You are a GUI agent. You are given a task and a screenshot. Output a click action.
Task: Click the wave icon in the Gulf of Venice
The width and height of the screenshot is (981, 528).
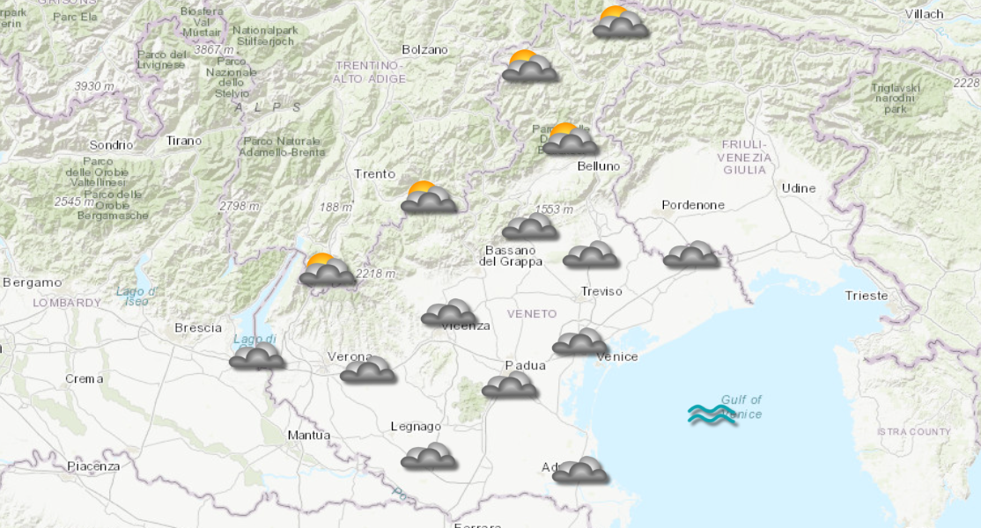[712, 414]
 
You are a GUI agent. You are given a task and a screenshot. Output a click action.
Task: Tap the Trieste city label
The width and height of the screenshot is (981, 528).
[867, 296]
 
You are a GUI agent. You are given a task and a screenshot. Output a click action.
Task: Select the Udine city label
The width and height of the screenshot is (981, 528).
[798, 188]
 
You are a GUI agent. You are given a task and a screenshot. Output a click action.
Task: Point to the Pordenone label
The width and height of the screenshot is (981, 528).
[693, 205]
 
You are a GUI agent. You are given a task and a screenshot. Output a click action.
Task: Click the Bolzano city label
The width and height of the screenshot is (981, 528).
[424, 50]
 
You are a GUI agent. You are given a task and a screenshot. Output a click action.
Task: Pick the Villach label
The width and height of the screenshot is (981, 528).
[924, 14]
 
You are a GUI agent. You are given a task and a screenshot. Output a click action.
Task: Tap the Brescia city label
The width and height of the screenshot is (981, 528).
[198, 328]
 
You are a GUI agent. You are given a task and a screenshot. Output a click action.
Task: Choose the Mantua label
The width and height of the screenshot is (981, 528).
[309, 436]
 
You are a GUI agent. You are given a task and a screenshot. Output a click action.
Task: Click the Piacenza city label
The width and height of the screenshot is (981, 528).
[92, 466]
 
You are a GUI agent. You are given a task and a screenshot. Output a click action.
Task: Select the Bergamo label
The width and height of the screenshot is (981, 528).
[33, 282]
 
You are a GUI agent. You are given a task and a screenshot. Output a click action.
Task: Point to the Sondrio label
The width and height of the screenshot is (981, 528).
[111, 145]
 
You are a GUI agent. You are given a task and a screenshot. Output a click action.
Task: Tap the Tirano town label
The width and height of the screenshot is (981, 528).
[184, 141]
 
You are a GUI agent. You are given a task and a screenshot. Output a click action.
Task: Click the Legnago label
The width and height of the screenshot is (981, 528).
[416, 427]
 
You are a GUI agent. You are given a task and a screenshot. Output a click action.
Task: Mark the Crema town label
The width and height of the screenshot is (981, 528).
[84, 379]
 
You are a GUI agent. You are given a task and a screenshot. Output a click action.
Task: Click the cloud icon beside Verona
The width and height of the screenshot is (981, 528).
[368, 370]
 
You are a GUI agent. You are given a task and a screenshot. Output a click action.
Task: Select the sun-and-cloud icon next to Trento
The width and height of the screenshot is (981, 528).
[429, 198]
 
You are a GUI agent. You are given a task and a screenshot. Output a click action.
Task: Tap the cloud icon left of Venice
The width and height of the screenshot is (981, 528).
[580, 341]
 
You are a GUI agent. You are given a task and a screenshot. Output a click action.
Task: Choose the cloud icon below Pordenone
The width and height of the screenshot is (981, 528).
[691, 254]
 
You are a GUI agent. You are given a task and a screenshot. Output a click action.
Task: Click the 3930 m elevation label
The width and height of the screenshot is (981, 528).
[94, 86]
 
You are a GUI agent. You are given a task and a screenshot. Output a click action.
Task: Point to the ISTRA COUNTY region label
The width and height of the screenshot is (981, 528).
[913, 432]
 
